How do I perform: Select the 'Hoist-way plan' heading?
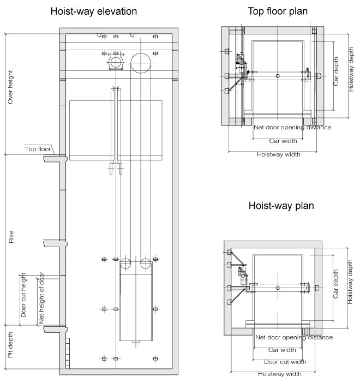[281, 206]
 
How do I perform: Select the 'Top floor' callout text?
[38, 148]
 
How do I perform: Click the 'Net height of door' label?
[41, 301]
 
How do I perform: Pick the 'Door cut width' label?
[285, 361]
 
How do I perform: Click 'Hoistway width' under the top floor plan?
[278, 154]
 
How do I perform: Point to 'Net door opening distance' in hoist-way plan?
[293, 337]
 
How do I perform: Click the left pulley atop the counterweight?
[125, 264]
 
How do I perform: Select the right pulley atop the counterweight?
[145, 264]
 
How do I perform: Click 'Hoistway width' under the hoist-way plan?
[279, 374]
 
